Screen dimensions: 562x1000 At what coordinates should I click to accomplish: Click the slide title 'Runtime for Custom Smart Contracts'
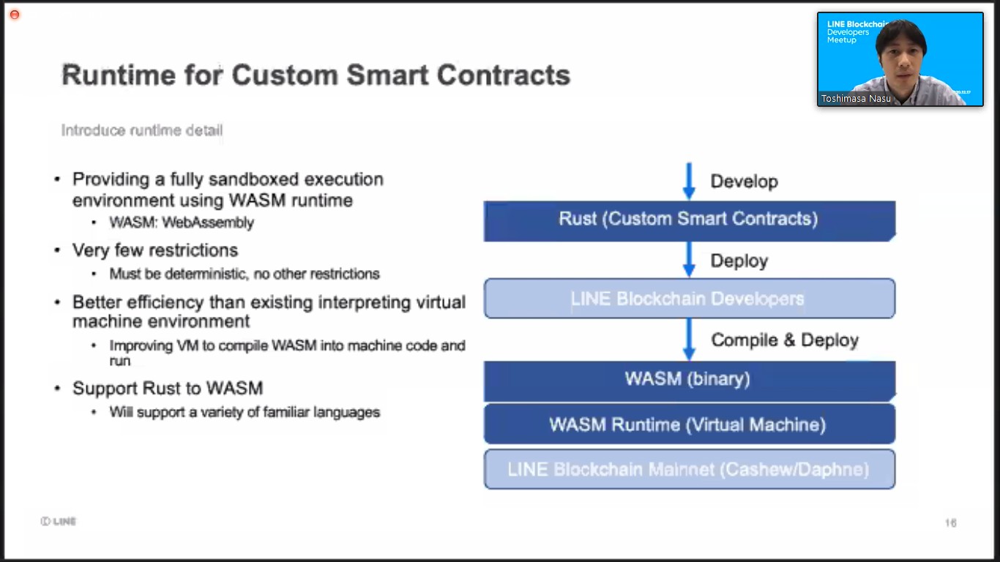(x=316, y=75)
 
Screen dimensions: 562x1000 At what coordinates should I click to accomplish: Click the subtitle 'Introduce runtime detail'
(x=142, y=130)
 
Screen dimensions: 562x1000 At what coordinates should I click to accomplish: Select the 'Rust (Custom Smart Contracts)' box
(x=688, y=219)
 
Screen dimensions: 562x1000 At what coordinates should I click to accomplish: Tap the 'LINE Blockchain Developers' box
(x=688, y=299)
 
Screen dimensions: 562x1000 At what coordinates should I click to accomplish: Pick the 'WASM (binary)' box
(x=688, y=379)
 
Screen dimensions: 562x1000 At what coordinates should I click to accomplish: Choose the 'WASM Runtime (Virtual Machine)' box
(x=688, y=424)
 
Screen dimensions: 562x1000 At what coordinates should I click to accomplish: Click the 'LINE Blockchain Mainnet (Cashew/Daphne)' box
(x=688, y=469)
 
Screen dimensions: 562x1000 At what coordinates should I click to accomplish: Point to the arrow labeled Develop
(x=689, y=181)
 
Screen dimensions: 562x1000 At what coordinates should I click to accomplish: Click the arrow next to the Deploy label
(x=689, y=259)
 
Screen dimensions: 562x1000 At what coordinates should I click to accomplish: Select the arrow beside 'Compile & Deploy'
(x=689, y=339)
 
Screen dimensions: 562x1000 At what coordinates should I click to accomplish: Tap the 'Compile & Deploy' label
(x=785, y=340)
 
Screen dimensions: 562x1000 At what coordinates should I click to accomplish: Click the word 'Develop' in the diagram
(x=744, y=181)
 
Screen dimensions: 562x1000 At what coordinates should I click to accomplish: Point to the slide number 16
(x=950, y=522)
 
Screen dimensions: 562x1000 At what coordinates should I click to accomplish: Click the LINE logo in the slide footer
(x=59, y=521)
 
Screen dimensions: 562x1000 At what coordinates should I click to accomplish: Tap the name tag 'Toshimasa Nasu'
(x=856, y=98)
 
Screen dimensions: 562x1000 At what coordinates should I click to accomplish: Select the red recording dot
(x=14, y=15)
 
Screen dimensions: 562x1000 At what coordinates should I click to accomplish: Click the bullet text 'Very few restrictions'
(x=155, y=250)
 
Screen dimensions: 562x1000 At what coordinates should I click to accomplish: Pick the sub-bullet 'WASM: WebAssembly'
(x=182, y=222)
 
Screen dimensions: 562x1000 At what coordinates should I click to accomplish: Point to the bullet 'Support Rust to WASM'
(x=168, y=389)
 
